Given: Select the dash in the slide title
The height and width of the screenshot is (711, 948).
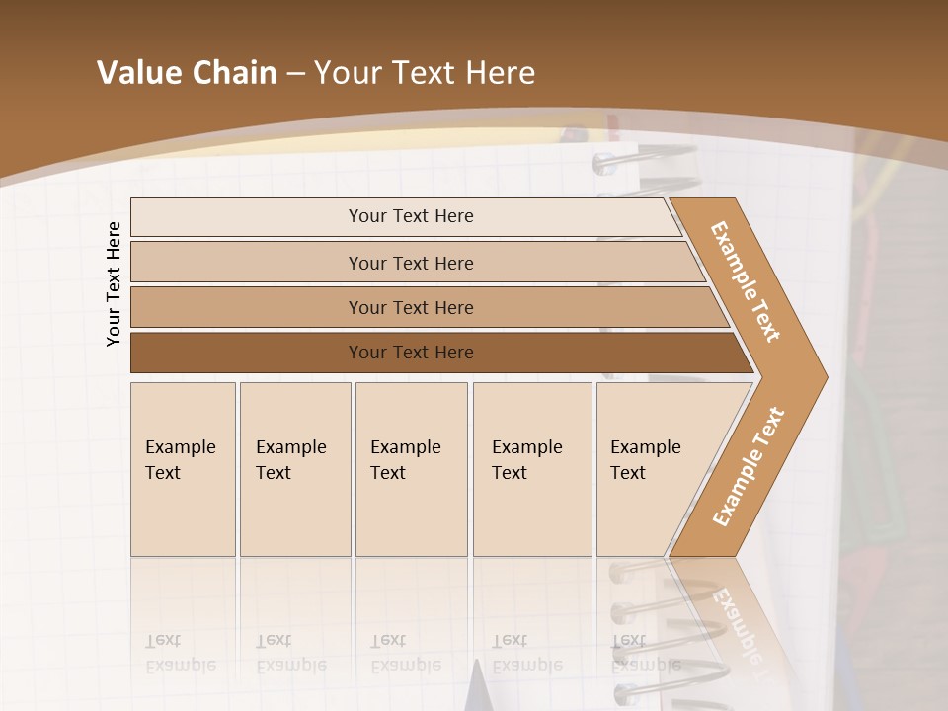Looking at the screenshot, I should pyautogui.click(x=295, y=74).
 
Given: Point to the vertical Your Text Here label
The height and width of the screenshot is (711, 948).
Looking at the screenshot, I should pyautogui.click(x=114, y=283).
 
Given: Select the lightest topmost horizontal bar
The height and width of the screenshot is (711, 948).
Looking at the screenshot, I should pyautogui.click(x=410, y=216).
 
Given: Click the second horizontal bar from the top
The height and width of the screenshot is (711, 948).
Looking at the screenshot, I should pyautogui.click(x=410, y=263).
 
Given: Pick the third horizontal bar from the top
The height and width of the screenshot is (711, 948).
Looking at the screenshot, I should pyautogui.click(x=410, y=307).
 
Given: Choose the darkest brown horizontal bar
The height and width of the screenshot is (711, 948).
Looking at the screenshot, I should pyautogui.click(x=410, y=353).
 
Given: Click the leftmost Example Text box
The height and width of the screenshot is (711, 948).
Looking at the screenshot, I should pyautogui.click(x=183, y=469).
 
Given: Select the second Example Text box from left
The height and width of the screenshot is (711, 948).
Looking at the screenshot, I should pyautogui.click(x=294, y=469).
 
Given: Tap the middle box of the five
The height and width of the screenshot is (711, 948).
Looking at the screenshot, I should pyautogui.click(x=411, y=469).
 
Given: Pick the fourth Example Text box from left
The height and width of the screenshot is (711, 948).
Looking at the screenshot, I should pyautogui.click(x=531, y=469).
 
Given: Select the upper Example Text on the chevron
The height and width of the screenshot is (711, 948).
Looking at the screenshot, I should pyautogui.click(x=746, y=280).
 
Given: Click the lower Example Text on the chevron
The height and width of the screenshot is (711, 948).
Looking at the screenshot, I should pyautogui.click(x=748, y=467).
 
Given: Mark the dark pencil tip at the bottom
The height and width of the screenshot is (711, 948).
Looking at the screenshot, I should pyautogui.click(x=479, y=686).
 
